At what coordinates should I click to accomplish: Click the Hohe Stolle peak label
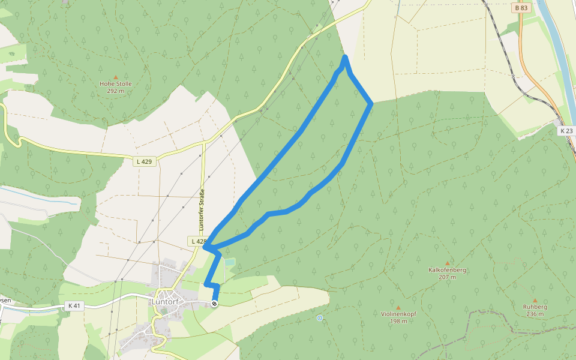pos(115,84)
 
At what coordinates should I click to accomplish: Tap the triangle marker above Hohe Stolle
pos(116,77)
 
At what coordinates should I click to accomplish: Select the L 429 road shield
pos(145,161)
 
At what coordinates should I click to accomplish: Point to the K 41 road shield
pos(74,306)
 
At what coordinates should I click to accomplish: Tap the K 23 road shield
pos(566,131)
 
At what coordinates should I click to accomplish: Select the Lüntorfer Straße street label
pos(202,211)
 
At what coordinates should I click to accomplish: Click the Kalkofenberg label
pos(448,270)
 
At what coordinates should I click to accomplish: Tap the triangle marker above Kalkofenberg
pos(448,263)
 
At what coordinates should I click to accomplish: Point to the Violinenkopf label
pos(398,314)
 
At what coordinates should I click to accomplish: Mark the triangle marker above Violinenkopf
pos(398,307)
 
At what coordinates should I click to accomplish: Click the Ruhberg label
pos(535,307)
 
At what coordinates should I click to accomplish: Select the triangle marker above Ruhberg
pos(535,300)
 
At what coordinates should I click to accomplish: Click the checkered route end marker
pos(214,304)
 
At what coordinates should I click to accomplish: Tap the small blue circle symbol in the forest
pos(320,318)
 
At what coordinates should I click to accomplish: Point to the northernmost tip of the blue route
pos(345,57)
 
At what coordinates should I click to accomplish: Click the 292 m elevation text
pos(115,91)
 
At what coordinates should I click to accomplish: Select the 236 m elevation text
pos(535,314)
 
